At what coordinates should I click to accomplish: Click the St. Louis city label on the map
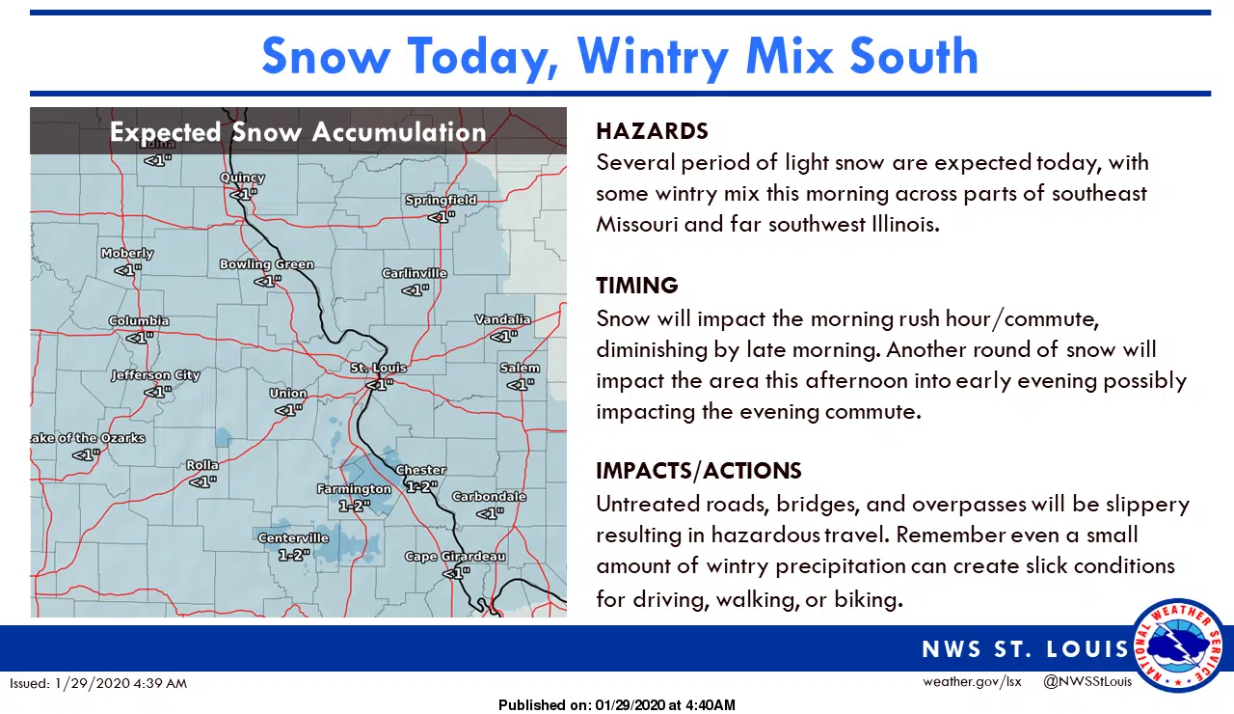378,368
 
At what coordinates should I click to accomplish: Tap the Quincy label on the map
242,178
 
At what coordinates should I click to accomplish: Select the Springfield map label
441,200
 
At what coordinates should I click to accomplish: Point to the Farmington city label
354,489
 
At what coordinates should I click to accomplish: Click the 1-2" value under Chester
421,487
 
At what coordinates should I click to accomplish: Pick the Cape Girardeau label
455,557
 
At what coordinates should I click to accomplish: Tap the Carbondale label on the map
489,497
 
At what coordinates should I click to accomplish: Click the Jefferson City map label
155,375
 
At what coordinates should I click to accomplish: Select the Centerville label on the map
293,538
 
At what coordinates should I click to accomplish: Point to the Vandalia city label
502,319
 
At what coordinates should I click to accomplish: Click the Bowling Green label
266,264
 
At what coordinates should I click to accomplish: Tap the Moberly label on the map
127,254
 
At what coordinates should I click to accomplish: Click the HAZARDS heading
652,131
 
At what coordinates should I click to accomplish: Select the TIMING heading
636,286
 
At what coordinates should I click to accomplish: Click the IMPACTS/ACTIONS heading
698,471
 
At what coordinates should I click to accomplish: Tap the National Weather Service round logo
1178,645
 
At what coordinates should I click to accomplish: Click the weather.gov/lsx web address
971,682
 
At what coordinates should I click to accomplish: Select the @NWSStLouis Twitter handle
1087,682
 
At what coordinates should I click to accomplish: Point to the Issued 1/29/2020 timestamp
98,683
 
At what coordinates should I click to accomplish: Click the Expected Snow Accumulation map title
298,132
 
